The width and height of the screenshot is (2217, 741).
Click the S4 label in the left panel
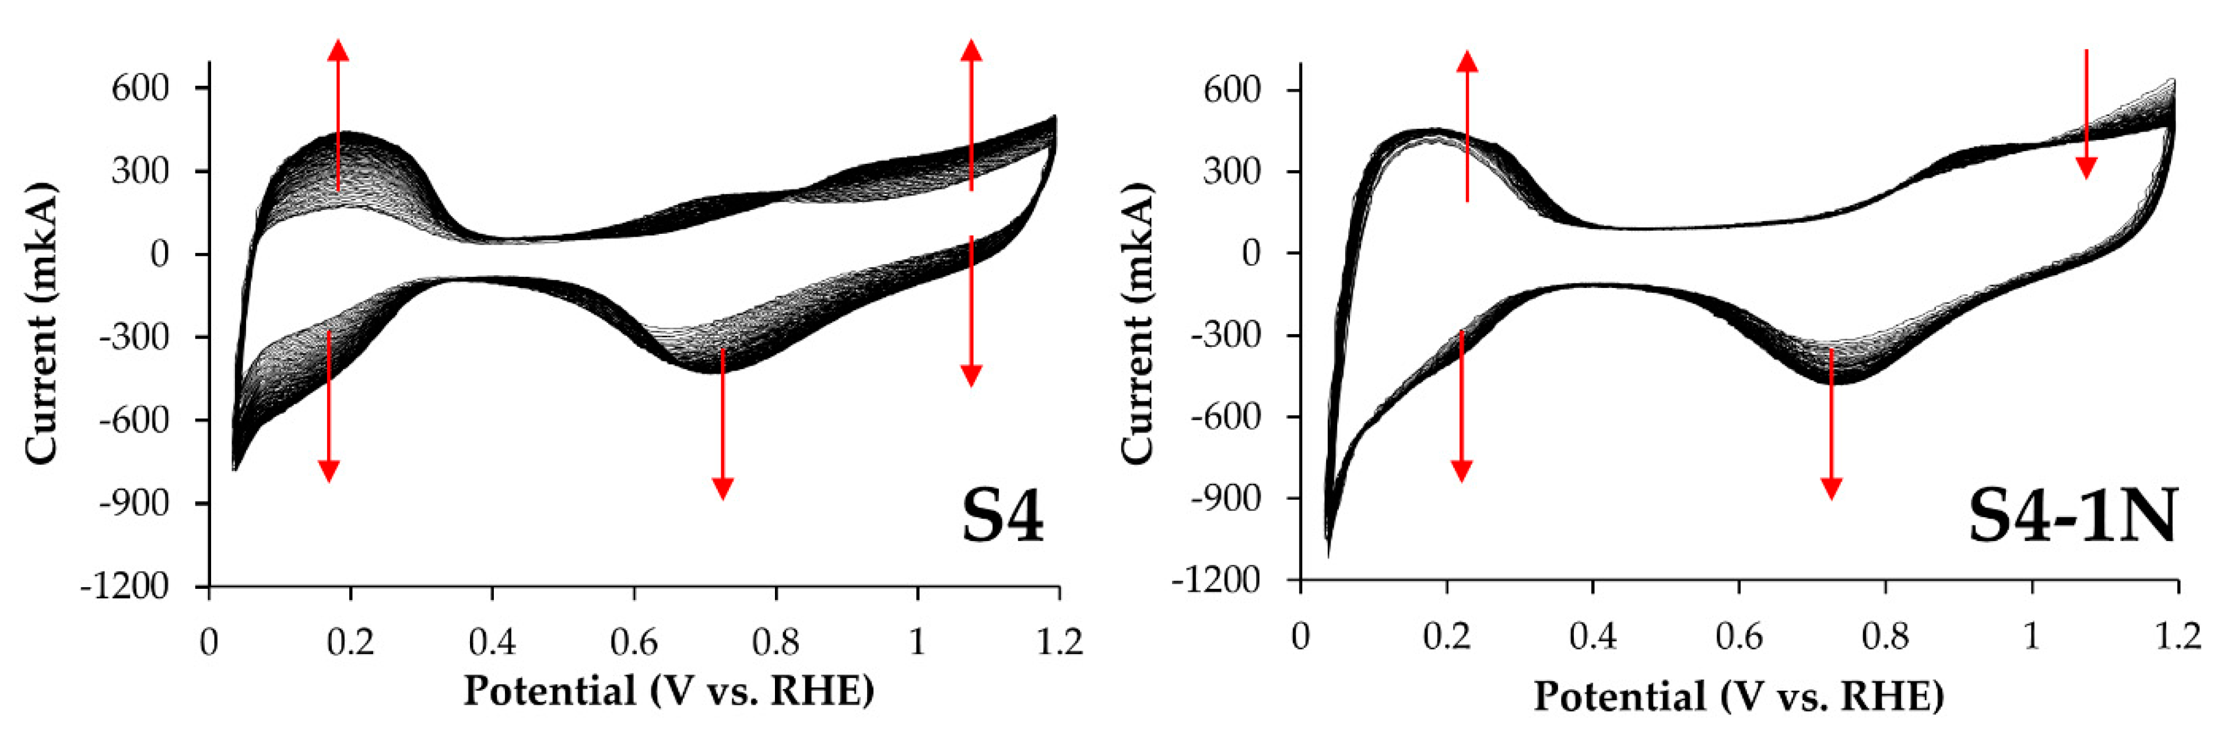[1002, 517]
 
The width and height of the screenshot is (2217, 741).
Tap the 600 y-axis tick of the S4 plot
[141, 88]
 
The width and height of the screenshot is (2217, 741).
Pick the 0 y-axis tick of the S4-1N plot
[1251, 253]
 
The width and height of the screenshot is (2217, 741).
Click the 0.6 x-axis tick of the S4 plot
[634, 641]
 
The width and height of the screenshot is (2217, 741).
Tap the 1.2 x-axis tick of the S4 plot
[1058, 641]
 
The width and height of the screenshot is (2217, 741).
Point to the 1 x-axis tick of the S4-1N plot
[2032, 636]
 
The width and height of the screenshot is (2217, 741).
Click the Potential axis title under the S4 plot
[669, 691]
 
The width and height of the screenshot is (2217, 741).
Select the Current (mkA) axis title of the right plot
[1136, 325]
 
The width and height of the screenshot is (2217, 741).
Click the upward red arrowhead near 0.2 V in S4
[338, 50]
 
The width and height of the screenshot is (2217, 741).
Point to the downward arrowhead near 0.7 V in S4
[723, 488]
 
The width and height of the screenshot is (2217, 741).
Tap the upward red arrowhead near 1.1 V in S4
[971, 50]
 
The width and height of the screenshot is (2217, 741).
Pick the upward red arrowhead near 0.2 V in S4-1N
[1467, 60]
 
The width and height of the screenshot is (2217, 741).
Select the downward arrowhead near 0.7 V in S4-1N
[1832, 488]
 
